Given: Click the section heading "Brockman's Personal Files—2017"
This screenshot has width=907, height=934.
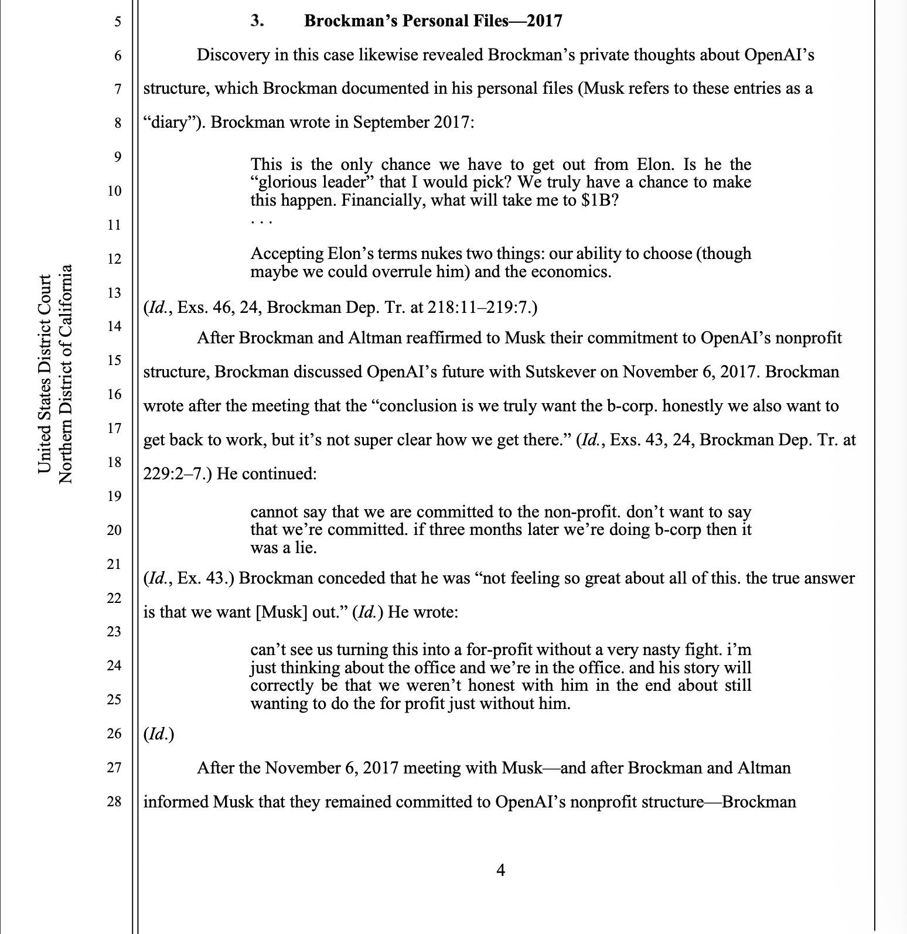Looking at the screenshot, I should pyautogui.click(x=433, y=22).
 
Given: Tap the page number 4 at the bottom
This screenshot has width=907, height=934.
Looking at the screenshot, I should pyautogui.click(x=500, y=870).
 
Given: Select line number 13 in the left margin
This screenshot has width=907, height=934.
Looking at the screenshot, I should pyautogui.click(x=114, y=292).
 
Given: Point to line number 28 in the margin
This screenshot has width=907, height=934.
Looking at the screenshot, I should pyautogui.click(x=114, y=801).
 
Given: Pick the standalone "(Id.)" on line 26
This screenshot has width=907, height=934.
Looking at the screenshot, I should pyautogui.click(x=158, y=734).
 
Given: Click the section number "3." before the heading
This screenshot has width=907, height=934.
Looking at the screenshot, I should pyautogui.click(x=257, y=22).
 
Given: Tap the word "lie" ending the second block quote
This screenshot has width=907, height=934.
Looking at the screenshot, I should pyautogui.click(x=305, y=548).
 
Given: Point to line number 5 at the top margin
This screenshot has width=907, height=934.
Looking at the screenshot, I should pyautogui.click(x=117, y=22).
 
